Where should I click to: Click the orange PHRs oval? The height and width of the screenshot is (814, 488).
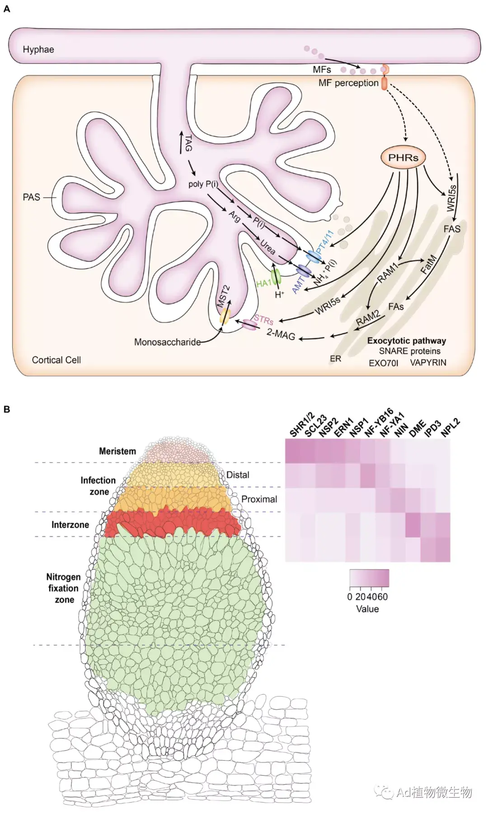[404, 157]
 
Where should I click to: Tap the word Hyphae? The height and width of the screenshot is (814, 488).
[38, 49]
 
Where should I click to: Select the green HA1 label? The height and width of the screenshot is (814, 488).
[263, 283]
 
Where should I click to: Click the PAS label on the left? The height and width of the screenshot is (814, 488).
[32, 197]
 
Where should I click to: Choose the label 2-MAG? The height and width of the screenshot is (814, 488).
[281, 334]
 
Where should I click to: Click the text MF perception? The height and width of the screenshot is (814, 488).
[348, 83]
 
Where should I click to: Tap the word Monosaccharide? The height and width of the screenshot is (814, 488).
[167, 342]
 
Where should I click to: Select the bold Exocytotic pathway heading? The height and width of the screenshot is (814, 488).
[406, 341]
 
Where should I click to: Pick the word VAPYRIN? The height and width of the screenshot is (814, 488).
[428, 362]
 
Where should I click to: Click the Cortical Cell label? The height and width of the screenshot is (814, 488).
[56, 360]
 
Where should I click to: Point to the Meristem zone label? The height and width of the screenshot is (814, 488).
[117, 451]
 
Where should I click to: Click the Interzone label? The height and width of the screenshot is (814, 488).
[70, 525]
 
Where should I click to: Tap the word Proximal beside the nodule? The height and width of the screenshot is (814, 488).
[259, 499]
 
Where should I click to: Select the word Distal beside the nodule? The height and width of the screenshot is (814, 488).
[238, 475]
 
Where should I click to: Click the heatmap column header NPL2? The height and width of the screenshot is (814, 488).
[450, 428]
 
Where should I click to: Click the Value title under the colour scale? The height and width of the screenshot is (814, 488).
[367, 609]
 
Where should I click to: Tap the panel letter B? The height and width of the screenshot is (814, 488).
[7, 409]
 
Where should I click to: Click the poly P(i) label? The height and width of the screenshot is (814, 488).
[203, 184]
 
